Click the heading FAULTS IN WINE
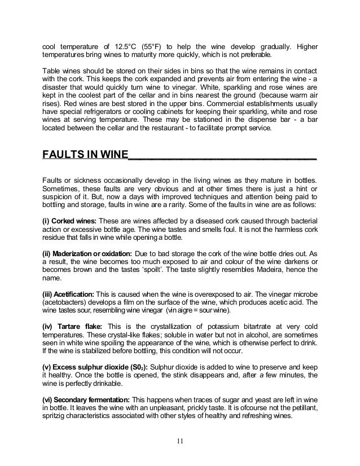coord(85,155)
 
